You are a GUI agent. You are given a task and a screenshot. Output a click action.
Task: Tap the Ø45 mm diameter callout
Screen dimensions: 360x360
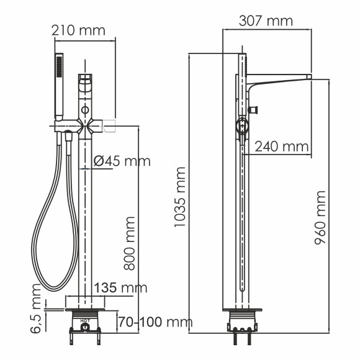coord(122,161)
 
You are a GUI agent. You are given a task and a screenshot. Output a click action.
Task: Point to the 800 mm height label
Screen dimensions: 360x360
coord(130,243)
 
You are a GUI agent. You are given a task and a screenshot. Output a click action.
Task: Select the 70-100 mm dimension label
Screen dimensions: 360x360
coord(153,322)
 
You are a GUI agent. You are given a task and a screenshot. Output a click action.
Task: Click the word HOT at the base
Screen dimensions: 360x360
coord(85,321)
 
